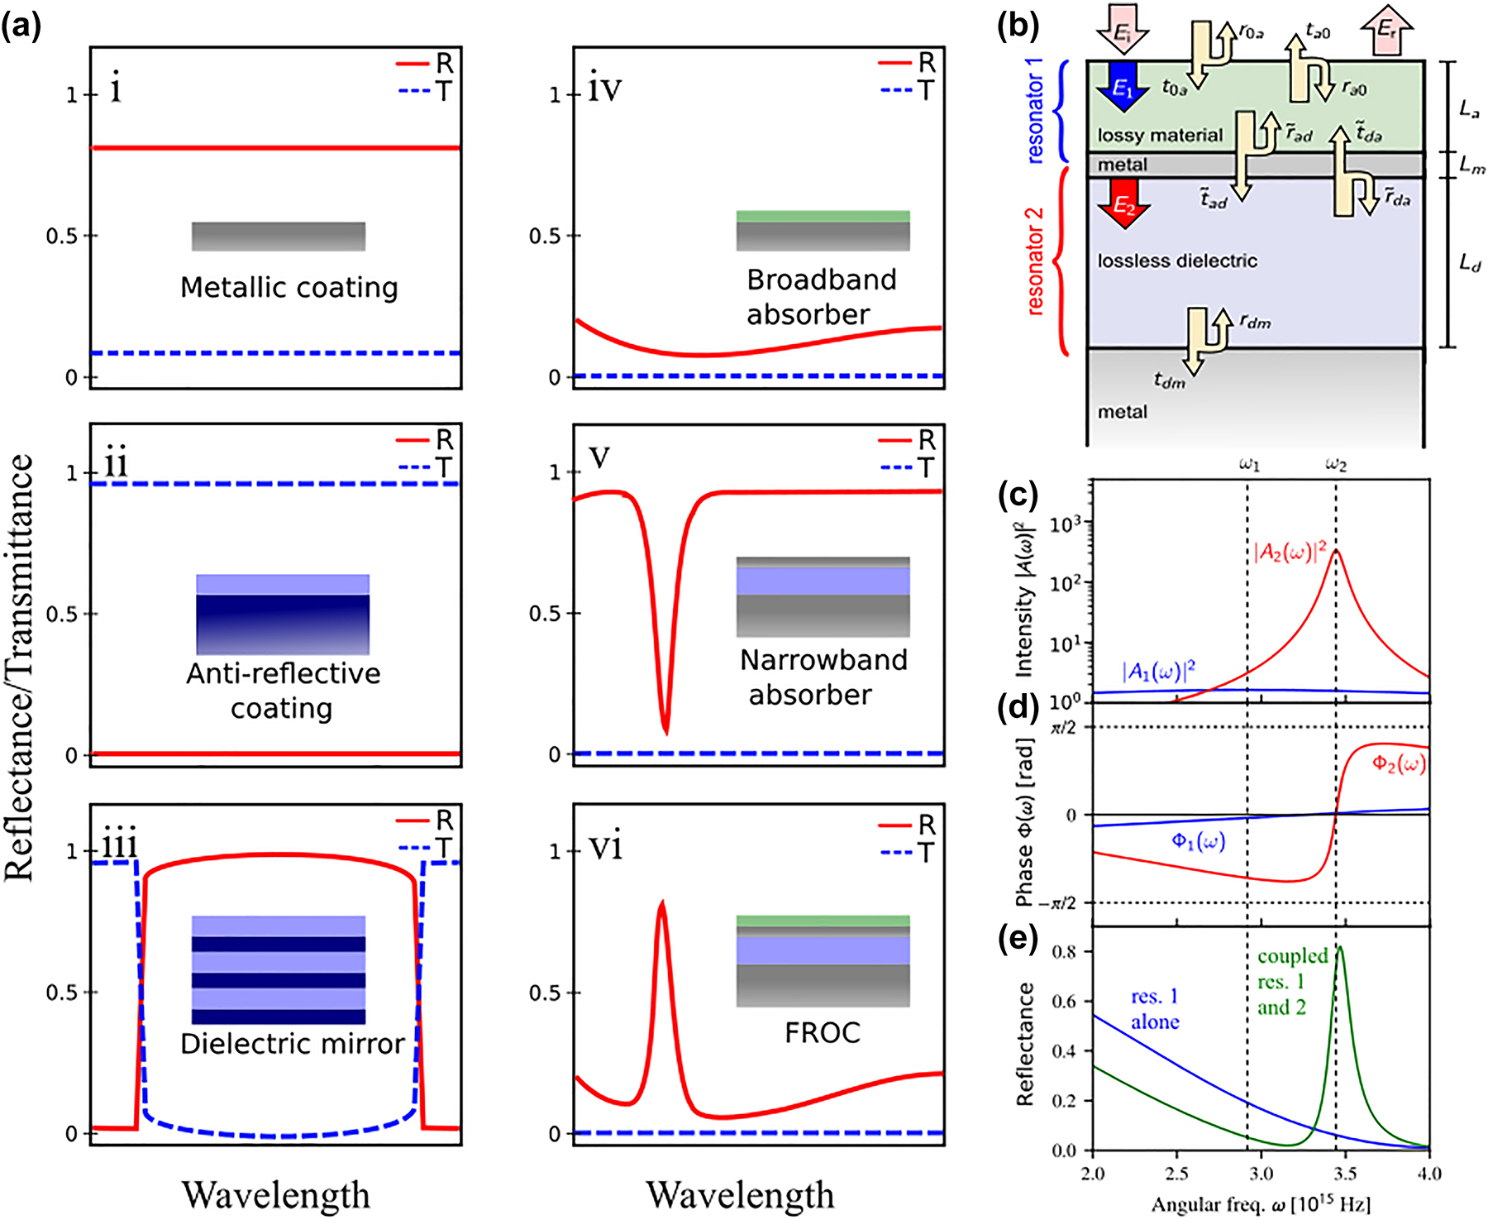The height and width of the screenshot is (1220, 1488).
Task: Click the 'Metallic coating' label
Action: pyautogui.click(x=289, y=287)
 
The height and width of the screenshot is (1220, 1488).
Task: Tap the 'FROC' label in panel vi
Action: pyautogui.click(x=822, y=1032)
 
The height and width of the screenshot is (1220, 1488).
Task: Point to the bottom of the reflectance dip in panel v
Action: pyautogui.click(x=666, y=732)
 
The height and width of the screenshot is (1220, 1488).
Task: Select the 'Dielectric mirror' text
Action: pyautogui.click(x=292, y=1044)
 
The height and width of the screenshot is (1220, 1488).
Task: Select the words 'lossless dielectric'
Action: pyautogui.click(x=1177, y=261)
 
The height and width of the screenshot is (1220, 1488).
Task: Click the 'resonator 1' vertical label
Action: pyautogui.click(x=1035, y=111)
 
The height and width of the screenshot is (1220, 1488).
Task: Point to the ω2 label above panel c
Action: pyautogui.click(x=1336, y=465)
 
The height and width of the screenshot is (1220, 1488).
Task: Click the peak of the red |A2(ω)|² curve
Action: pyautogui.click(x=1336, y=550)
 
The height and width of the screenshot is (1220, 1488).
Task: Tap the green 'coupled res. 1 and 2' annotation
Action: pyautogui.click(x=1291, y=982)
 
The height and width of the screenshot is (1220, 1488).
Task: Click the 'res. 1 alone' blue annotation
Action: pyautogui.click(x=1154, y=1009)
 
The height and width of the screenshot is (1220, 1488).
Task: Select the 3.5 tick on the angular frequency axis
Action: pyautogui.click(x=1345, y=1174)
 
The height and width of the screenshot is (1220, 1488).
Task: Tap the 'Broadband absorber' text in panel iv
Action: pyautogui.click(x=820, y=297)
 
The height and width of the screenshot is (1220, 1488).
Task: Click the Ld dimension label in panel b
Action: pyautogui.click(x=1469, y=263)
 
